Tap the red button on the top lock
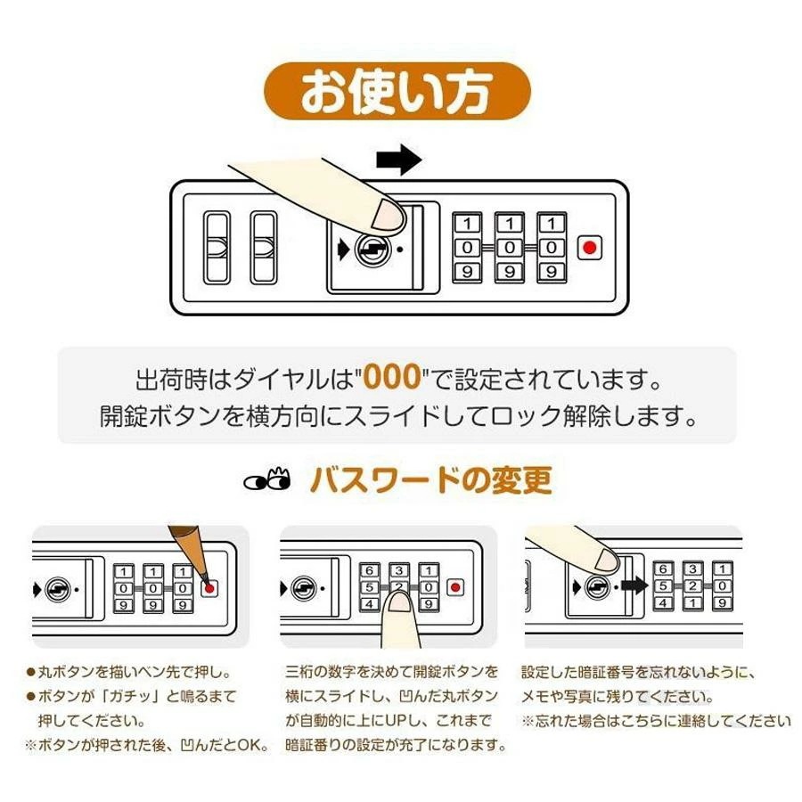(589, 248)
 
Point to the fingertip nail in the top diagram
(389, 215)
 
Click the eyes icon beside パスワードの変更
(267, 481)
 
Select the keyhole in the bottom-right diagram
(597, 587)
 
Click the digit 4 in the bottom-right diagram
(662, 603)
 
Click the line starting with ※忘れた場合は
(655, 721)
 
